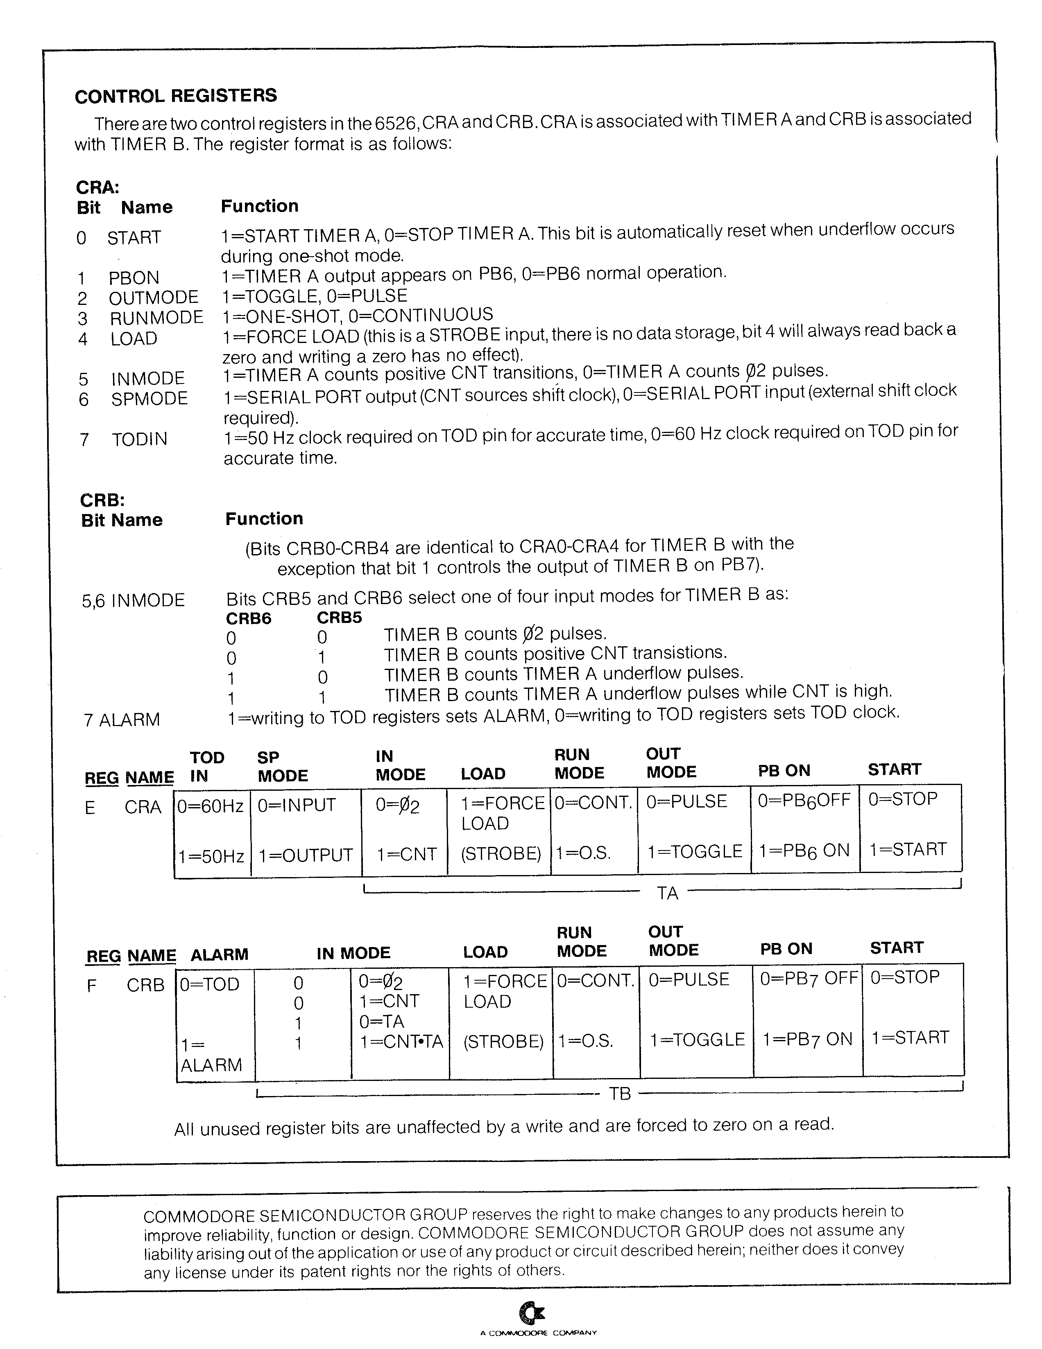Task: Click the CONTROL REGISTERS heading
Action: click(x=176, y=96)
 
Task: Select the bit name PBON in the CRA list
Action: click(x=134, y=277)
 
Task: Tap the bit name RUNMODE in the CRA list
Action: click(x=156, y=318)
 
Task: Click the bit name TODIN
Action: click(x=140, y=439)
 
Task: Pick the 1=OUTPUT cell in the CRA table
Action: click(x=305, y=855)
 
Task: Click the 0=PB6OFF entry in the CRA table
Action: click(x=804, y=801)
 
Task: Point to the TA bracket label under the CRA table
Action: click(x=668, y=893)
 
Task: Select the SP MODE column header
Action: click(x=283, y=767)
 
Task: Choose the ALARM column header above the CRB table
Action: click(x=220, y=954)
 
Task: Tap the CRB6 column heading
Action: click(x=249, y=618)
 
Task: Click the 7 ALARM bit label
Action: click(x=122, y=720)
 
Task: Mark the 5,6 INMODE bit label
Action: click(x=133, y=600)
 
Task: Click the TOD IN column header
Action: click(x=206, y=767)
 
